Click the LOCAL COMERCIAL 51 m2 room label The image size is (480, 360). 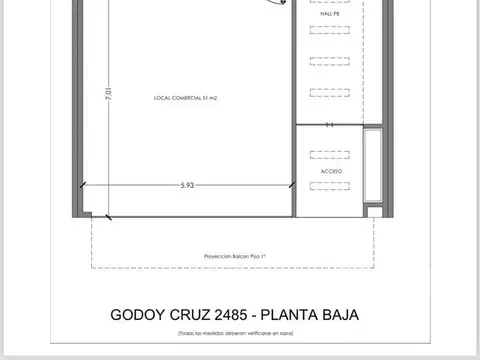(x=187, y=98)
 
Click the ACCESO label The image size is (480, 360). (x=331, y=171)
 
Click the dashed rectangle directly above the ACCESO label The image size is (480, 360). (x=331, y=155)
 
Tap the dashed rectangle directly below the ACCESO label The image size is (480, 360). (x=331, y=189)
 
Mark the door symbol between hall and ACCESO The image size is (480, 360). (x=331, y=126)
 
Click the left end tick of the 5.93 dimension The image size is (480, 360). (x=82, y=185)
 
